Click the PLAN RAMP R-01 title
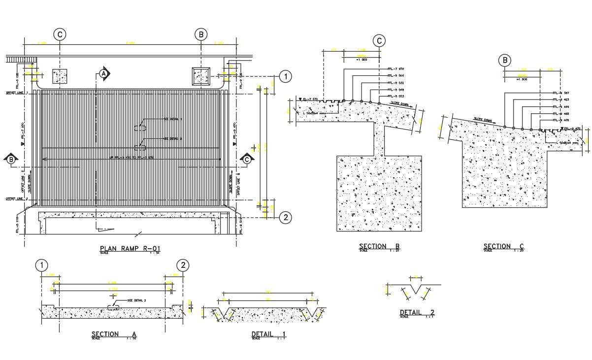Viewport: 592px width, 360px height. tap(130, 249)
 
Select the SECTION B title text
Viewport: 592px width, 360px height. tap(379, 246)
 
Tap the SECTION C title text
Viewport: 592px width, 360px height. tap(503, 246)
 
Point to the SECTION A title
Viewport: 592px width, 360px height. tap(114, 334)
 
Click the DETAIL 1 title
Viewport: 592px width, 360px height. tap(269, 334)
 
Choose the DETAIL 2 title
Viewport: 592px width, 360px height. tap(417, 312)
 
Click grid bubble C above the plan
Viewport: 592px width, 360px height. tap(60, 34)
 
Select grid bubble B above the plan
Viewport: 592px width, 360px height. tap(200, 34)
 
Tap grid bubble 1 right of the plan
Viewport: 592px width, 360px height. tap(285, 76)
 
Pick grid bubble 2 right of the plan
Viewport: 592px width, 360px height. tap(285, 217)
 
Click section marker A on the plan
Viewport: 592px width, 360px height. tap(103, 73)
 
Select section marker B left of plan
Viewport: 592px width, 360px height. tap(11, 159)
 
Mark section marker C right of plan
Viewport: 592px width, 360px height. tap(247, 159)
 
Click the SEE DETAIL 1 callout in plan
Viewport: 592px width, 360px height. tap(173, 119)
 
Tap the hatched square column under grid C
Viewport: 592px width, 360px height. tap(60, 76)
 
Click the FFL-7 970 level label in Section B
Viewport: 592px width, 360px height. tap(395, 68)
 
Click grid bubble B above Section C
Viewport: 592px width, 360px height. tap(505, 61)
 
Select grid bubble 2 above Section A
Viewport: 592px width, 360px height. tap(183, 265)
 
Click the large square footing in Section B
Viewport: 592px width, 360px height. tap(379, 193)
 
